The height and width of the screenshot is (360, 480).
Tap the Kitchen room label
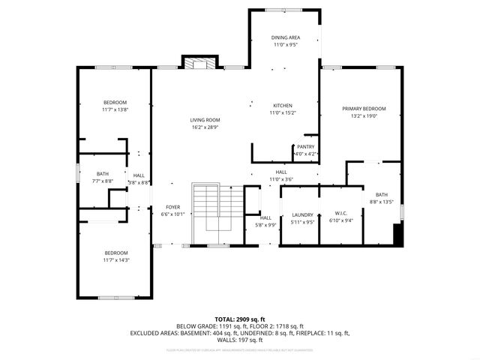pos(282,105)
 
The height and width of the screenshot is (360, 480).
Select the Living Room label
pos(204,120)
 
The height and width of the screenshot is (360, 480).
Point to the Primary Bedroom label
pos(359,109)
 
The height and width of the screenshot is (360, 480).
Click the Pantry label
pos(305,146)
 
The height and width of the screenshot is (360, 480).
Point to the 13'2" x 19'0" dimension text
pos(359,115)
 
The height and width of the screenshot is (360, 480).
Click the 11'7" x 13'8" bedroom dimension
pos(115,109)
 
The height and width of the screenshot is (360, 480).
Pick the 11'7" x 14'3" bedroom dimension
pos(115,260)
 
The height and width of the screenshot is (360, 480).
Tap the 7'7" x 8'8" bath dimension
pos(102,181)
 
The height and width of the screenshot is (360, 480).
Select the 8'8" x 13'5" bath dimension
pos(382,202)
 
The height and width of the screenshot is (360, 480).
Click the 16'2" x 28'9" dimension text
pos(204,127)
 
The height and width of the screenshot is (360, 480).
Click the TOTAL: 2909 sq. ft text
pos(240,319)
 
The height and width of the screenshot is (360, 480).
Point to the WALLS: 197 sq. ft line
pos(240,338)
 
